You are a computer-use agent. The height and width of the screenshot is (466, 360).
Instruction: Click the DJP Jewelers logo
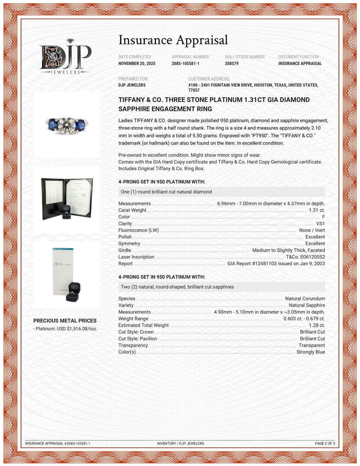(x=65, y=57)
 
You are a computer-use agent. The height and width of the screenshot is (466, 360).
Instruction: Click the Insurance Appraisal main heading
(x=173, y=40)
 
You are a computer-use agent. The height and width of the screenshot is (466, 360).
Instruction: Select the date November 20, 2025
(x=137, y=63)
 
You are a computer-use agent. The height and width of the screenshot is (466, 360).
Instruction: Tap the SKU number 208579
(x=231, y=63)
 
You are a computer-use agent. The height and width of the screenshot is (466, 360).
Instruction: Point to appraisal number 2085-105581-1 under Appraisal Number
(x=185, y=63)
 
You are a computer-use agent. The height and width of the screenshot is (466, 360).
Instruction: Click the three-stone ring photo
(x=66, y=124)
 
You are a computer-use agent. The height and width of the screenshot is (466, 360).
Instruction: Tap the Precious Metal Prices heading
(x=65, y=321)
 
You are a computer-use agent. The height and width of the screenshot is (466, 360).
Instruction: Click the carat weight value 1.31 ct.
(x=317, y=210)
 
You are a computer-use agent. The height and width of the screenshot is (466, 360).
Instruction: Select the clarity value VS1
(x=320, y=224)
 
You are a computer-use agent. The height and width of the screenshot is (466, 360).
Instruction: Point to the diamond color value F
(x=323, y=217)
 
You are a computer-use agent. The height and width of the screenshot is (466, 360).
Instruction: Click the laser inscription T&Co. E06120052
(x=305, y=257)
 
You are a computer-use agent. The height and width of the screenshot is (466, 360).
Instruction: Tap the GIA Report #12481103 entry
(x=276, y=264)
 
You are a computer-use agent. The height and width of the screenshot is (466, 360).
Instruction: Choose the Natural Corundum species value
(x=305, y=299)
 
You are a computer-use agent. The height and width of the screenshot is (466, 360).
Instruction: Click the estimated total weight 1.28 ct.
(x=317, y=325)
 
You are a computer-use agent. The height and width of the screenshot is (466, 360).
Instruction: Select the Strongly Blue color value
(x=310, y=352)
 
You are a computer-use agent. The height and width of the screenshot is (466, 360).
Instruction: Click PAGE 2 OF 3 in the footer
(x=325, y=443)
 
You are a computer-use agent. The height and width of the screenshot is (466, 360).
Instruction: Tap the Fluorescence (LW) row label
(x=139, y=230)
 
